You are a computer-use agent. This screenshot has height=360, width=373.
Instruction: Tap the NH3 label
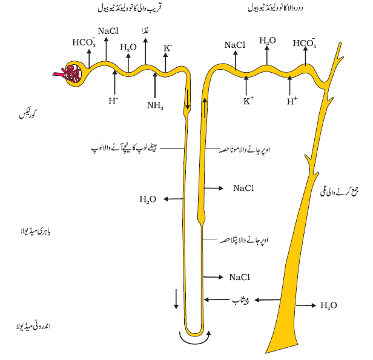(155, 105)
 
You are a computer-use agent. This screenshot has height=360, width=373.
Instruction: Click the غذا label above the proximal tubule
(145, 31)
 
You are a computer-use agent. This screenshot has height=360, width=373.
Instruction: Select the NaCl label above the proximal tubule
(108, 31)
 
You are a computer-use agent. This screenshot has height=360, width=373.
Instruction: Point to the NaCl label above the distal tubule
(235, 45)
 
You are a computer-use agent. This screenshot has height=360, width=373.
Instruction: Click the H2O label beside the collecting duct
(329, 305)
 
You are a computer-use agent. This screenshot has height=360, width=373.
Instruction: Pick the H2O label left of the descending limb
(148, 199)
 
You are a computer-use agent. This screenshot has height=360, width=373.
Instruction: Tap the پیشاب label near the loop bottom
(241, 300)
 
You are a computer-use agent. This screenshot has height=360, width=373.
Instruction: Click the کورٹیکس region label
(28, 115)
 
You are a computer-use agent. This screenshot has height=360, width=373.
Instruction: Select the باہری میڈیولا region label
(36, 232)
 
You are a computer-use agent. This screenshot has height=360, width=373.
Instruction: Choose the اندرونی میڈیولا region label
(33, 326)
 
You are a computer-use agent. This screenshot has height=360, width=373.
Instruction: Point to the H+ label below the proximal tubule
(113, 101)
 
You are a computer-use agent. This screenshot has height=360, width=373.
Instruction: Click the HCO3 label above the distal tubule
(305, 43)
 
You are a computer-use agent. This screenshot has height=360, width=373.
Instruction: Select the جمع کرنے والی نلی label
(340, 192)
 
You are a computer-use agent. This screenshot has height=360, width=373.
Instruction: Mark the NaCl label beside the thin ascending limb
(240, 278)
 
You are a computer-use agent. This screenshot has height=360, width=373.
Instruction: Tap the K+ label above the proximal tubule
(168, 48)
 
